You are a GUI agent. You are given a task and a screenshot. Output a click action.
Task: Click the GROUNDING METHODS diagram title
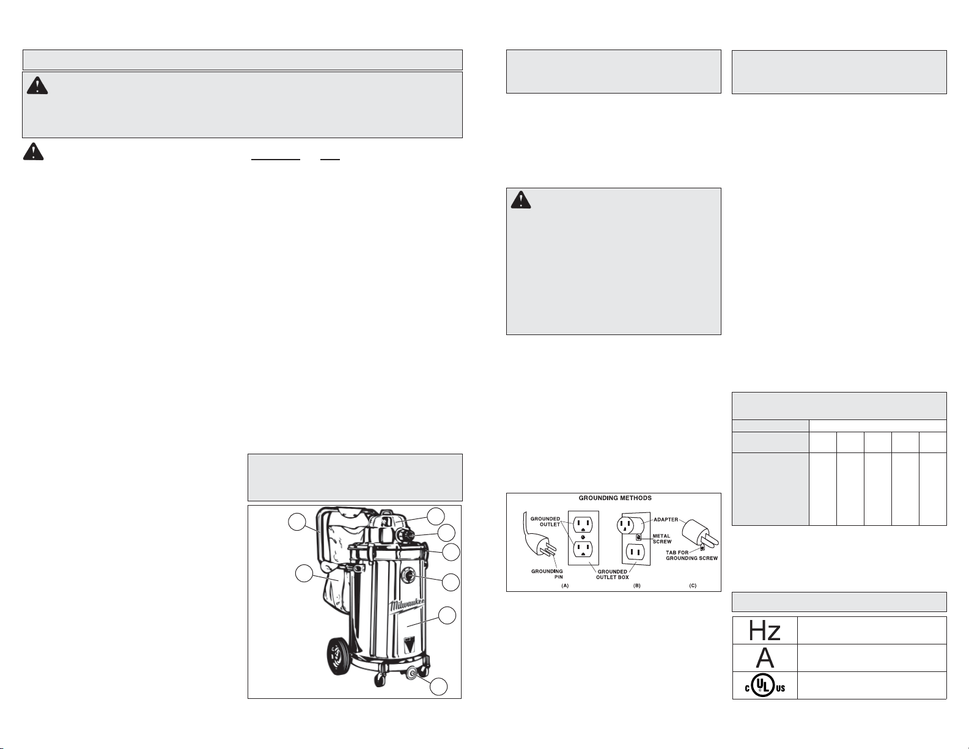click(615, 498)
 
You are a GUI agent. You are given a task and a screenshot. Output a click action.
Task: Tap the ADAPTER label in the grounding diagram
click(666, 519)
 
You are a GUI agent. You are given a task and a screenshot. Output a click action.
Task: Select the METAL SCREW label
click(661, 539)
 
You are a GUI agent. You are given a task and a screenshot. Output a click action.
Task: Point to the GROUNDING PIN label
click(547, 574)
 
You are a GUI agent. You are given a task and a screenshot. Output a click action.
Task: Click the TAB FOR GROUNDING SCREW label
click(691, 555)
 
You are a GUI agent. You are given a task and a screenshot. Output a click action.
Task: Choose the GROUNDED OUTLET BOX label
click(612, 574)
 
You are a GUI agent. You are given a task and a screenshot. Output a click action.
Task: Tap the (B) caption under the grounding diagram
click(637, 585)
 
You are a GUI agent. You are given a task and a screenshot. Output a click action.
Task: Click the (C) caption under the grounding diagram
click(693, 585)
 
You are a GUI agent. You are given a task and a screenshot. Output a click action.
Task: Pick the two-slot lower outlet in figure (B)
click(636, 553)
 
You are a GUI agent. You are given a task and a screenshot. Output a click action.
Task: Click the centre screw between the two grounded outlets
click(583, 537)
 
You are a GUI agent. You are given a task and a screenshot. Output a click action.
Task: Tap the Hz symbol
click(764, 630)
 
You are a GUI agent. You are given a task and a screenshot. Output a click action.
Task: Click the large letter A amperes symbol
click(765, 658)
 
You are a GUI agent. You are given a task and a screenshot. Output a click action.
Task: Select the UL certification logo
click(765, 685)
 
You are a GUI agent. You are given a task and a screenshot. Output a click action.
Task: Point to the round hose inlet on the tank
click(408, 575)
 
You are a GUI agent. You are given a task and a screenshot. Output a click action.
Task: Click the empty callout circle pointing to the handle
click(297, 522)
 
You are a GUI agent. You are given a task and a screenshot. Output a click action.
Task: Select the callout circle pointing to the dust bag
click(304, 574)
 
